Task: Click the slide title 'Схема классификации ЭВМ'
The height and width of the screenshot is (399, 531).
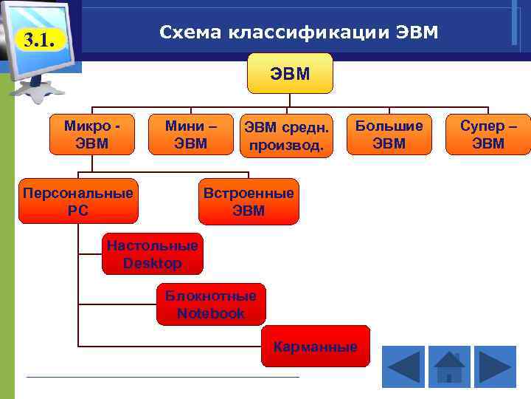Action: coord(299,33)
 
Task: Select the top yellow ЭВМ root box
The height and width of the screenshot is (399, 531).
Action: coord(290,73)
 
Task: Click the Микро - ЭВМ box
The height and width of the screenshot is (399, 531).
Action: coord(92,134)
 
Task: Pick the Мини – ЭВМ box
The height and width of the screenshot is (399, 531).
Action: coord(191,134)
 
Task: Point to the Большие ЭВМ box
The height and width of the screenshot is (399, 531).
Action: coord(389,134)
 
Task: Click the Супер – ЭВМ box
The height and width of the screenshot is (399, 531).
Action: coord(488,134)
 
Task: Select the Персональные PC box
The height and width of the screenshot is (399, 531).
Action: coord(78,201)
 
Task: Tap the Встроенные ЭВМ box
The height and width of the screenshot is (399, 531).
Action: coord(249,202)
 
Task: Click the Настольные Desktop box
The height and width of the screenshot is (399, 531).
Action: coord(152,254)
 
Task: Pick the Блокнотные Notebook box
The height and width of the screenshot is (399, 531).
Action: coord(210,304)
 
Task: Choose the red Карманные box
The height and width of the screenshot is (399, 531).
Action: coord(315,347)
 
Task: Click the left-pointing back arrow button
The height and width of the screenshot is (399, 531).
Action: coord(403,367)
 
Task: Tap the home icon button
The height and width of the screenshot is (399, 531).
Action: coord(448,367)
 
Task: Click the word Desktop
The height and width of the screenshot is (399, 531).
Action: coord(153,263)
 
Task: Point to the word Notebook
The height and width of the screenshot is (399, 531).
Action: coord(210,313)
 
